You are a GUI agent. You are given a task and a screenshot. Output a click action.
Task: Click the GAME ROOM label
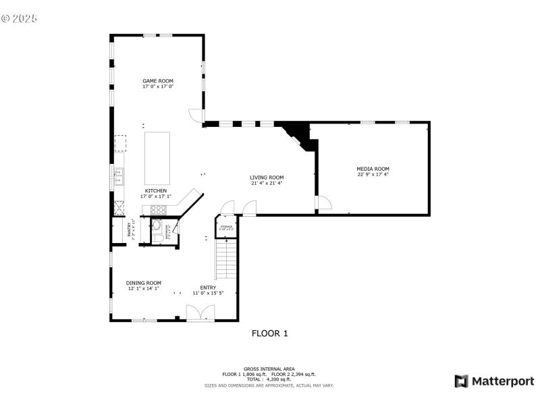coord(158,81)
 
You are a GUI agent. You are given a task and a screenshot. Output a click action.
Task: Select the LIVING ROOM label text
coord(267,178)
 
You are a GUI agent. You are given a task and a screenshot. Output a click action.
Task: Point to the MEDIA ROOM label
coord(373,169)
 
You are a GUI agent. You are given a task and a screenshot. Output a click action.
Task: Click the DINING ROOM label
coord(143,283)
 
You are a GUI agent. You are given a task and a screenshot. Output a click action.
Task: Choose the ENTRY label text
coord(207,288)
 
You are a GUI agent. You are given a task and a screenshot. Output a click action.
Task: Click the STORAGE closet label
coord(225,227)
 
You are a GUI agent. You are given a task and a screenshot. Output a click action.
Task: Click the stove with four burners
coord(158,209)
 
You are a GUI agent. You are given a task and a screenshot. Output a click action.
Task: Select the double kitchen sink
coord(117,177)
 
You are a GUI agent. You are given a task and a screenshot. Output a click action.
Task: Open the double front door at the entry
coord(201,313)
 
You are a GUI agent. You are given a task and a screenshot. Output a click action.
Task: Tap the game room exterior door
coord(196,115)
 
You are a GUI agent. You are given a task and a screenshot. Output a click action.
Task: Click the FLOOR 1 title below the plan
coord(269,333)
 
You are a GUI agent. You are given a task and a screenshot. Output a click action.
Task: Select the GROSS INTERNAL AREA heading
coord(269,369)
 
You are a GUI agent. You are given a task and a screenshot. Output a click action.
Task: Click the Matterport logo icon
coord(462,381)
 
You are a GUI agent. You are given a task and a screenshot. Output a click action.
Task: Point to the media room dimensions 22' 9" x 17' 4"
coord(373,175)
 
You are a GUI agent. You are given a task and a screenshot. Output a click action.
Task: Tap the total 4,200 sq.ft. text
coord(269,379)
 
